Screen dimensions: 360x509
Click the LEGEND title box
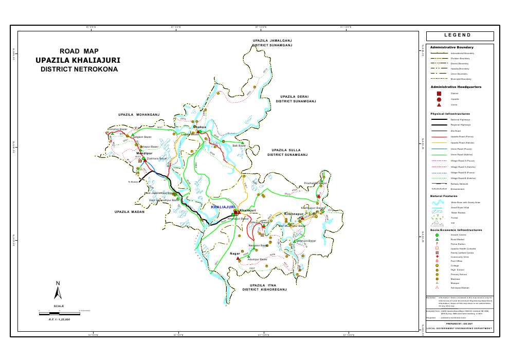(460, 36)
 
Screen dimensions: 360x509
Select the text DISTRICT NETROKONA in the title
(79, 69)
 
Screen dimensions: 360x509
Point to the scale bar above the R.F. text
(58, 311)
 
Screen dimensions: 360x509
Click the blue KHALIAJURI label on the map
(223, 207)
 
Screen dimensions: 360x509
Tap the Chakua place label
(199, 127)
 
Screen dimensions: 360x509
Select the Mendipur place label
(144, 153)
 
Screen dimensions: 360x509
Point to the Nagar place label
(235, 254)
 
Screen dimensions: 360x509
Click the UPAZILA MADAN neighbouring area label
(130, 212)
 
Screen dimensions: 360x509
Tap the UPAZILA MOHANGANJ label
(139, 114)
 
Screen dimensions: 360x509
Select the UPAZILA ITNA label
(264, 284)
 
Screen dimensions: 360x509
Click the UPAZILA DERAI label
(295, 96)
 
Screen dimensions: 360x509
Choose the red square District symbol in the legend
(439, 94)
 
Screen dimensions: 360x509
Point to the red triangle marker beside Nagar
(238, 258)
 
